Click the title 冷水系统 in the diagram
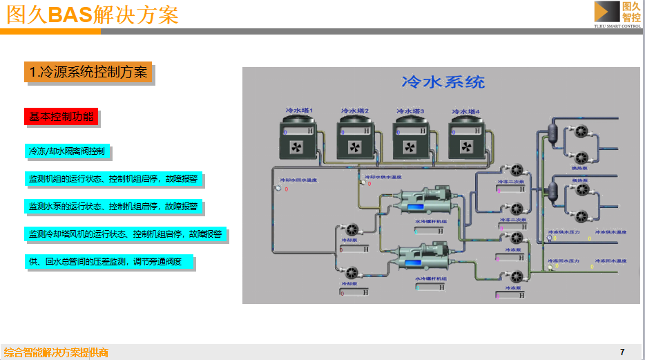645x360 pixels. [443, 82]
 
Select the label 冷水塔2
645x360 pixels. [355, 111]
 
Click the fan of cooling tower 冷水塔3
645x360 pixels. [410, 147]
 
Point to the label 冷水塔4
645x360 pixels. [465, 111]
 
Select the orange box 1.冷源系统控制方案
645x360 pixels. [87, 72]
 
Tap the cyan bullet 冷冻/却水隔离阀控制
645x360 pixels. [66, 151]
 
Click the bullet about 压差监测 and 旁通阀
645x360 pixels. [108, 262]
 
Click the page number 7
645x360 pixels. [622, 352]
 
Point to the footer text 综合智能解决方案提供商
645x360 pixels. [56, 352]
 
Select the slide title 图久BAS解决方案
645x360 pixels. [93, 15]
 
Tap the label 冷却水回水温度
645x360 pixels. [298, 180]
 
